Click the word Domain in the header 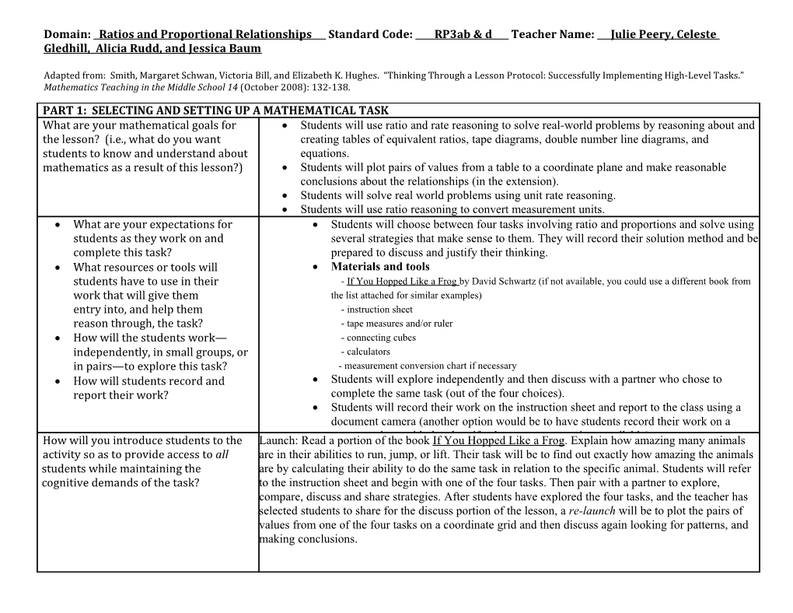66,34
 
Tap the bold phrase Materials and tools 379,267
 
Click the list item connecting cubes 381,338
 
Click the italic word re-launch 589,511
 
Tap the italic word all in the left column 221,454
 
